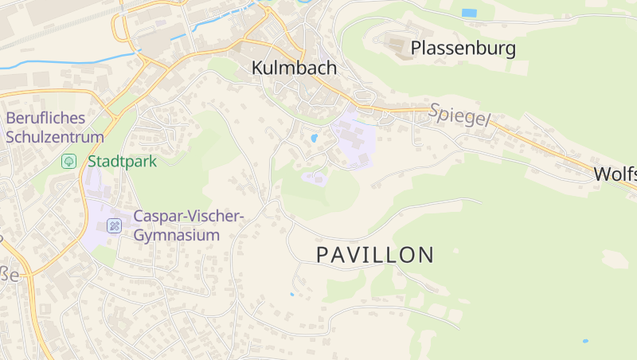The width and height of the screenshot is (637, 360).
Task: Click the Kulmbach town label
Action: point(294,68)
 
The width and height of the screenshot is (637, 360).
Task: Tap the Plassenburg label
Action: point(463,49)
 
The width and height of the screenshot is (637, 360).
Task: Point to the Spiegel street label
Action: point(459,115)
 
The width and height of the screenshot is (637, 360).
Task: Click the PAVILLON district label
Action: point(375,256)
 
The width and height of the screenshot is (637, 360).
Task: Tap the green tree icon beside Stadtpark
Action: point(69,161)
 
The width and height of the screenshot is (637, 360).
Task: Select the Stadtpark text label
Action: point(122,161)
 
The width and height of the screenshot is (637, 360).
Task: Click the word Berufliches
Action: point(45,119)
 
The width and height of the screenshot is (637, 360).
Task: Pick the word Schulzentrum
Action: point(55,137)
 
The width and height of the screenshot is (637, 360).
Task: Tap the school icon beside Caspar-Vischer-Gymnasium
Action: point(115,225)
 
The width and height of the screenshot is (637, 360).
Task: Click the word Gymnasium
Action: point(176,235)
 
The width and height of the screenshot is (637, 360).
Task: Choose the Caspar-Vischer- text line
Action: point(188,216)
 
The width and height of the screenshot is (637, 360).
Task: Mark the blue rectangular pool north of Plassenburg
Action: point(470,13)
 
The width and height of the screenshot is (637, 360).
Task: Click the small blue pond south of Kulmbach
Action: point(314,139)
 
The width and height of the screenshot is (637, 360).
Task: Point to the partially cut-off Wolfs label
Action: point(615,174)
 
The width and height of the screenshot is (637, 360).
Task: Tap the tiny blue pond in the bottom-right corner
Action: point(585,341)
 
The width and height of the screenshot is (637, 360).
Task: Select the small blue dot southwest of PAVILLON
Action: point(291,295)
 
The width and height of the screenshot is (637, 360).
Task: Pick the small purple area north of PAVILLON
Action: point(315,178)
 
